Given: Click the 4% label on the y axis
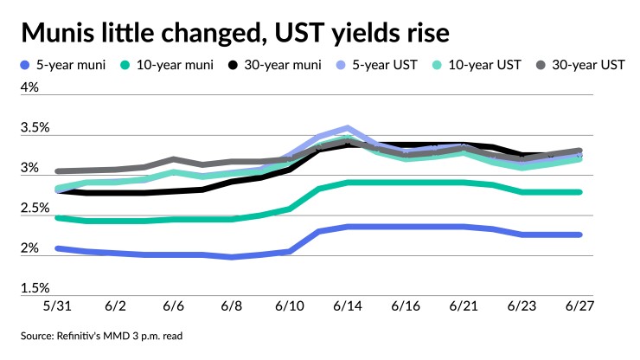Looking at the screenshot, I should pos(29,87).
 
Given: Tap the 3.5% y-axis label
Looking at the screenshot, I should pos(35,128).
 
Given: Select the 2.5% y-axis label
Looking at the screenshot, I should pos(35,209).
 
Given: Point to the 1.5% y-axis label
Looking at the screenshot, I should pos(35,288).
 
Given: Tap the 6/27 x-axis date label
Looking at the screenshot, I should pos(579,307).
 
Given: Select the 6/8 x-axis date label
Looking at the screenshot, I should pos(232,307).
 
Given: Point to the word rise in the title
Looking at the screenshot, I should pos(424,33).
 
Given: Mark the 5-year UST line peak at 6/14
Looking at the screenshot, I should pos(348,128).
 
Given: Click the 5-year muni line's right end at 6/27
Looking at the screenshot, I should pos(579,235).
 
